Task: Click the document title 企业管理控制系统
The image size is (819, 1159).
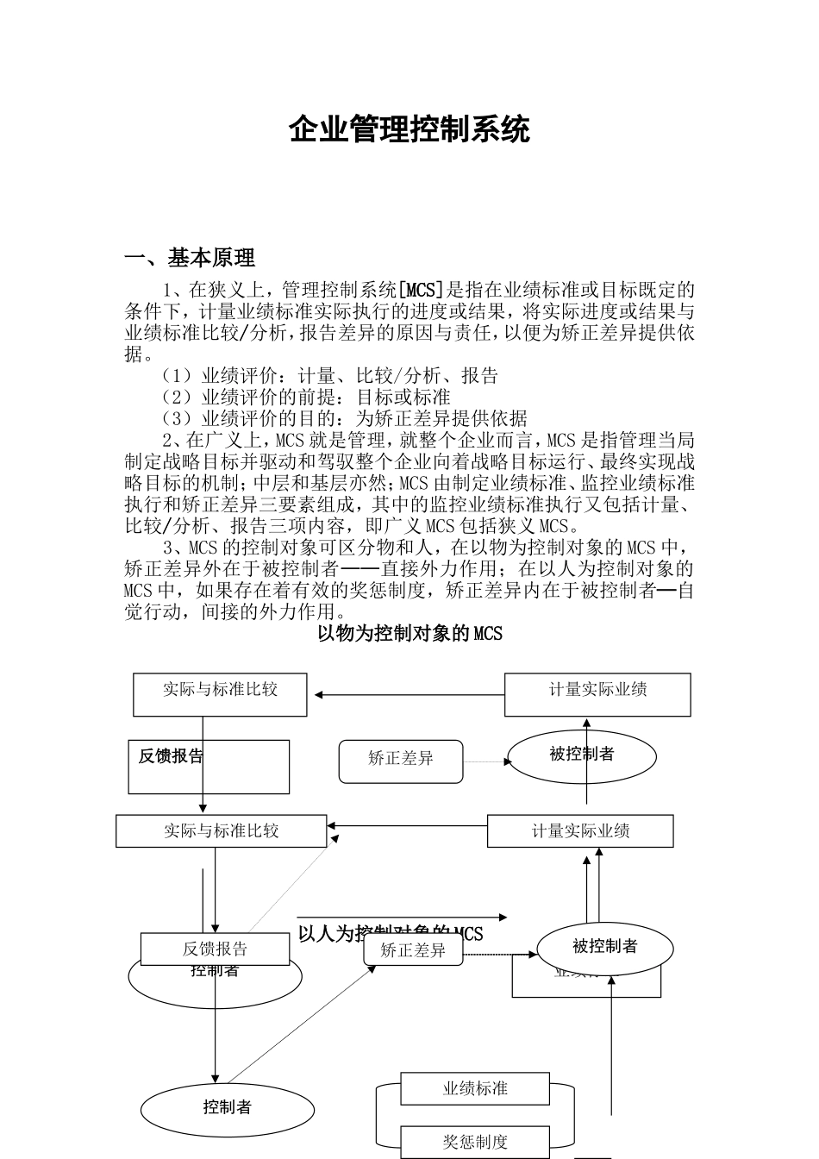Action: click(x=409, y=129)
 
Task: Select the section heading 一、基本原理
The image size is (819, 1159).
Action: click(x=190, y=258)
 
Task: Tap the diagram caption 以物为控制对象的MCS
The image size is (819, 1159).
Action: click(x=409, y=634)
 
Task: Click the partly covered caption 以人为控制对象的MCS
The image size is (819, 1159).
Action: click(x=390, y=934)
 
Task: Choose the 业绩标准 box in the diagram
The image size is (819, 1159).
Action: click(x=475, y=1089)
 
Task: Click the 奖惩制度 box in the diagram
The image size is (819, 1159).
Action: click(x=475, y=1143)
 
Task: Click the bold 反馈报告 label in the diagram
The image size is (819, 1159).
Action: click(x=171, y=756)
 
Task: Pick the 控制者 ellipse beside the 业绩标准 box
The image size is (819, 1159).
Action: click(x=227, y=1107)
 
